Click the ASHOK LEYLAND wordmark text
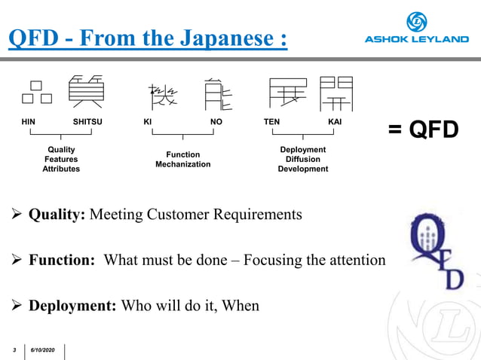point(416,39)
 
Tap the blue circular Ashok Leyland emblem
point(417,21)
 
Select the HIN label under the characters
point(29,121)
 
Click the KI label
point(148,121)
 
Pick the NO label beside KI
point(216,121)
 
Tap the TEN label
point(271,121)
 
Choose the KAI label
point(335,121)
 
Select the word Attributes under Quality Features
point(61,169)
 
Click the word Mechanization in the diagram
point(182,164)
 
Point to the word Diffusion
point(302,159)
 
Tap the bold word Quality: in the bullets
point(57,215)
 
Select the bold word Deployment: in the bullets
point(71,306)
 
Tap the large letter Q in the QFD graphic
point(426,241)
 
